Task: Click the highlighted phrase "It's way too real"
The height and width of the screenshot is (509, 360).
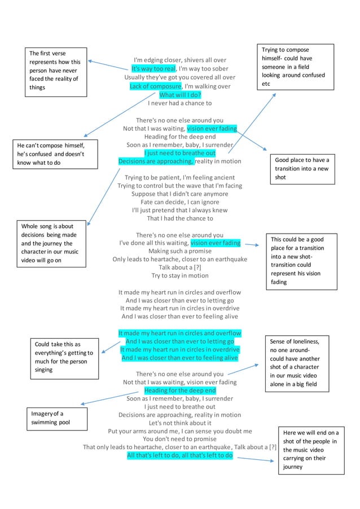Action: (x=153, y=68)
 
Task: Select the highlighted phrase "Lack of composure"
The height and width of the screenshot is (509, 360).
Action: (x=155, y=86)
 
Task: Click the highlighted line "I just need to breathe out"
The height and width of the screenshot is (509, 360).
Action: (x=180, y=153)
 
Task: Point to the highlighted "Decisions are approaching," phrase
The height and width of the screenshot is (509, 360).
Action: (x=156, y=161)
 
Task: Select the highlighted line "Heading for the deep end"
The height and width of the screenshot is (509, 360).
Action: (x=180, y=390)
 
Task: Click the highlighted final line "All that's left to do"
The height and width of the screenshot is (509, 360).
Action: (x=180, y=455)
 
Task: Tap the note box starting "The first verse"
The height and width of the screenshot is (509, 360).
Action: (x=56, y=72)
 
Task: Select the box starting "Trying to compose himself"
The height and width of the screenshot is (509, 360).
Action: (x=295, y=67)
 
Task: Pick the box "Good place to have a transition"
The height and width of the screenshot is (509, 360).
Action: (x=302, y=168)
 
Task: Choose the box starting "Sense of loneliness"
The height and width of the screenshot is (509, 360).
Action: (x=295, y=363)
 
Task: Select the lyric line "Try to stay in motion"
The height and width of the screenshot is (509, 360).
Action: (x=180, y=275)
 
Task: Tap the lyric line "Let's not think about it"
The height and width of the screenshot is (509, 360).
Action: (x=180, y=423)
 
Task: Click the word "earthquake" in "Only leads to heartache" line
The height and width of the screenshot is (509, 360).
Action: (x=228, y=260)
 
